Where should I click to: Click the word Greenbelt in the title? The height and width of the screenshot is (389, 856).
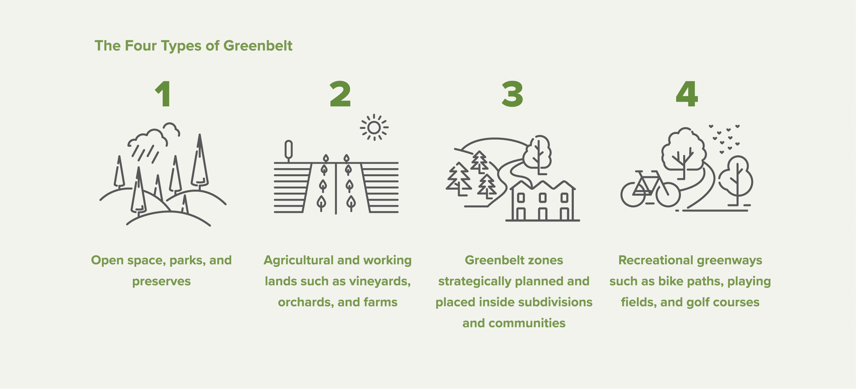pyautogui.click(x=258, y=46)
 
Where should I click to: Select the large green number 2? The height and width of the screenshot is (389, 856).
pyautogui.click(x=340, y=94)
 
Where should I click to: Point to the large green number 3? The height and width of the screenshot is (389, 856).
pyautogui.click(x=512, y=94)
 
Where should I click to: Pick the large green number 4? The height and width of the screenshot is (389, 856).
pyautogui.click(x=687, y=94)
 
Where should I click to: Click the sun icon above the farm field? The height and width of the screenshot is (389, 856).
pyautogui.click(x=374, y=128)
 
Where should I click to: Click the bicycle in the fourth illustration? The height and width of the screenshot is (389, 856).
pyautogui.click(x=650, y=190)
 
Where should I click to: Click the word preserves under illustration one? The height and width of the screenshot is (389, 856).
pyautogui.click(x=161, y=281)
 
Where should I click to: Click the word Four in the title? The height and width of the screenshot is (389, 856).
pyautogui.click(x=141, y=46)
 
